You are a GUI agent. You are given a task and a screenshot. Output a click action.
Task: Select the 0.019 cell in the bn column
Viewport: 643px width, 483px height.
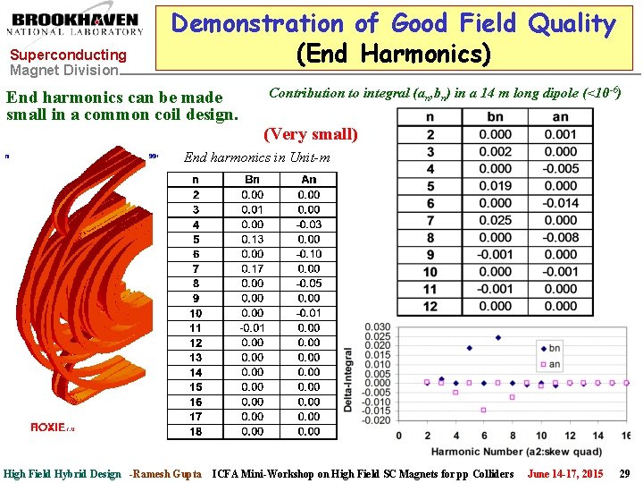coord(496,186)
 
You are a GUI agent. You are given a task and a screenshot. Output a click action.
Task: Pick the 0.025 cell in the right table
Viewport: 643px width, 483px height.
coord(496,220)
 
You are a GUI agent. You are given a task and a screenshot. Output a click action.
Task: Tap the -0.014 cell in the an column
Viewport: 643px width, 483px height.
coord(561,203)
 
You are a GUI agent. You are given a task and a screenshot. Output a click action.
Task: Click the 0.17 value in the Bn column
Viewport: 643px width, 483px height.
coord(253,268)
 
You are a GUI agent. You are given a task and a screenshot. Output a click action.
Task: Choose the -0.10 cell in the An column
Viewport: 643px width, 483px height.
coord(308,254)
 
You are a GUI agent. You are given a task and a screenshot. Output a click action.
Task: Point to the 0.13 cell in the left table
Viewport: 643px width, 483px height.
coord(253,239)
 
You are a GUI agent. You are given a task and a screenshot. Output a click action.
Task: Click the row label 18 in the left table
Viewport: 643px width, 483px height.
coord(196,431)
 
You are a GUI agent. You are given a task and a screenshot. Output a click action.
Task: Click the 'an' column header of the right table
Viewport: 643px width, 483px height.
coord(561,117)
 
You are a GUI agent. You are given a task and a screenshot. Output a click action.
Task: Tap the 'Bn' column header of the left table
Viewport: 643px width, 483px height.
coord(253,180)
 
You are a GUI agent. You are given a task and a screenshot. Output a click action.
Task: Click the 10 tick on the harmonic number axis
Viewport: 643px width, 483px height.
coord(541,436)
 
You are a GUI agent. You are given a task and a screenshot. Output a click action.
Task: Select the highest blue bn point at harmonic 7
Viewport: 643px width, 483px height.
coord(497,338)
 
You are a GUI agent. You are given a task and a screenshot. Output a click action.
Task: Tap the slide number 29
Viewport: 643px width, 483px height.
coord(624,473)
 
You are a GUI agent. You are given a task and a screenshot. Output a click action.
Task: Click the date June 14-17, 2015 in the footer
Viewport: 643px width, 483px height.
coord(565,473)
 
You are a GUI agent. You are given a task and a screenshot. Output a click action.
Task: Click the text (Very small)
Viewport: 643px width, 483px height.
coord(310,135)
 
